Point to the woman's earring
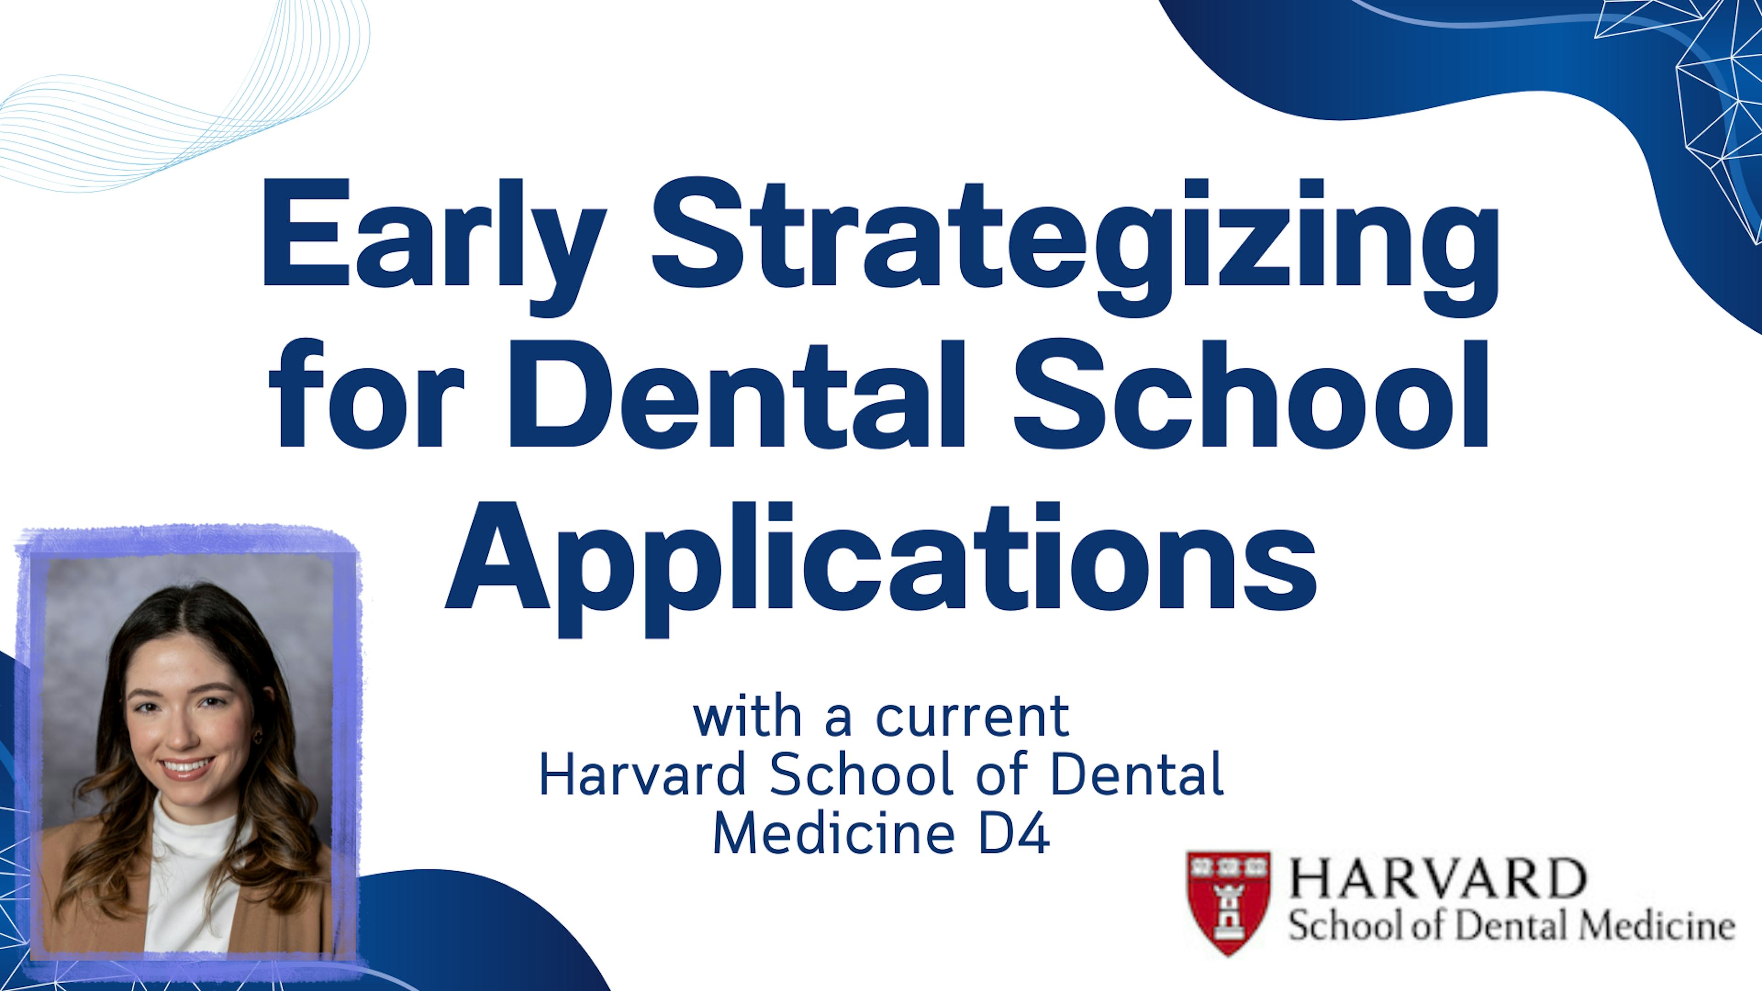[258, 736]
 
